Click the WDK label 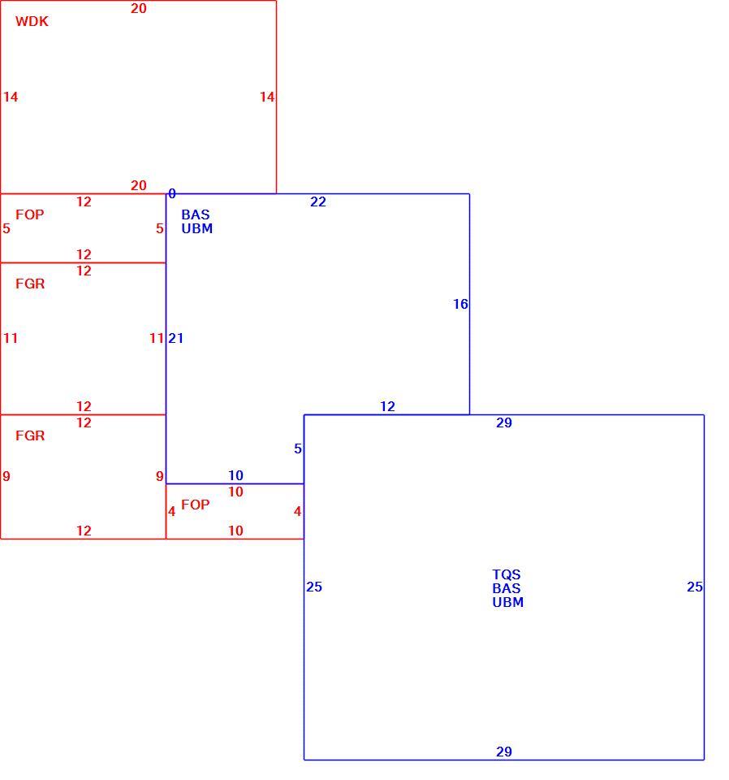(x=32, y=21)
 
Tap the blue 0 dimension (x=172, y=193)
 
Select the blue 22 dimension (x=318, y=201)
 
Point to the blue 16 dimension (x=460, y=304)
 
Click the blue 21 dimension (x=176, y=338)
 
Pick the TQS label (x=507, y=574)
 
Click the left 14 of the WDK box (x=11, y=97)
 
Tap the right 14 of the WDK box (x=267, y=97)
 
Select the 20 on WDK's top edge (x=139, y=8)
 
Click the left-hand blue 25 (x=314, y=587)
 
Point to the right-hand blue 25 (x=695, y=587)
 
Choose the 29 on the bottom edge (x=504, y=752)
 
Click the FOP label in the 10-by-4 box (x=196, y=505)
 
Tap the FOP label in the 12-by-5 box (x=30, y=214)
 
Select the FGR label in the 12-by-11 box (x=30, y=284)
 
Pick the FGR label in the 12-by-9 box (x=30, y=435)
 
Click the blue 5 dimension (x=298, y=448)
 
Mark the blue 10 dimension (x=235, y=475)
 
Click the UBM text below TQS (x=508, y=602)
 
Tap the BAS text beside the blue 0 (x=196, y=214)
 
